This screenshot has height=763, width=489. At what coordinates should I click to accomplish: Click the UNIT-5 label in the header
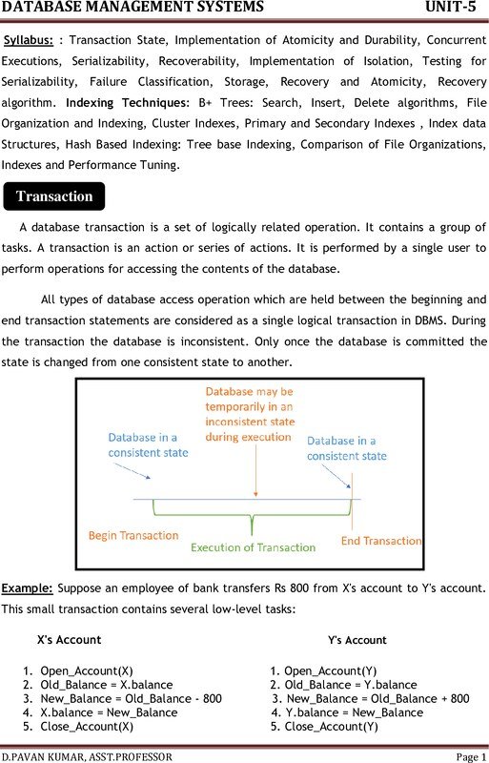click(451, 9)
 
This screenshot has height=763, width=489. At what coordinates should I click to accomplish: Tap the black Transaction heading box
click(54, 196)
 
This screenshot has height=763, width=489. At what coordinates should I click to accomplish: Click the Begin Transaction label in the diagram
click(132, 536)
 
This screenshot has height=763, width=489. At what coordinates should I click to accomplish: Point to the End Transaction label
click(381, 541)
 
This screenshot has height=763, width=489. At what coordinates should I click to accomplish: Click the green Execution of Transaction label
click(253, 547)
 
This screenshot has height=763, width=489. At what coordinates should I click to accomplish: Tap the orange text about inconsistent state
click(250, 414)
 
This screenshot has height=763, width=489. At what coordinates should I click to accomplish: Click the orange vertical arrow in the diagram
click(254, 471)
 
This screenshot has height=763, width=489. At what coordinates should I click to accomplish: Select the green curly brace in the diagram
click(252, 521)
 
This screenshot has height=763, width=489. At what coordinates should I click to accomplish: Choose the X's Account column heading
click(69, 639)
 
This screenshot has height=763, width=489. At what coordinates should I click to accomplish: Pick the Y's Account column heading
click(357, 640)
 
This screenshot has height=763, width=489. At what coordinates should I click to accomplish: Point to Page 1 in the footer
click(471, 756)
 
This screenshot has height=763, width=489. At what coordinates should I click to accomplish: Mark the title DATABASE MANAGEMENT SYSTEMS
click(132, 9)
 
